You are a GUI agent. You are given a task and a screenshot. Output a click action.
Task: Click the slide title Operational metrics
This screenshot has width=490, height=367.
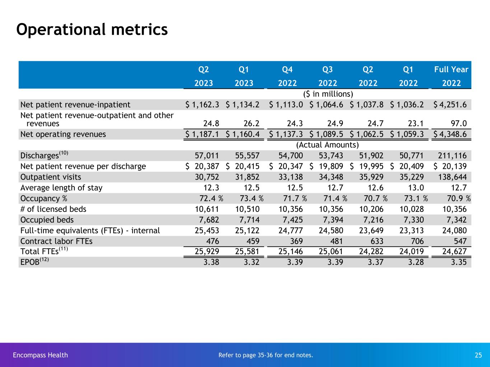tap(92, 29)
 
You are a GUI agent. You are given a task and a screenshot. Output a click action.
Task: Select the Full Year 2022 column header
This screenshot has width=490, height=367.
tap(451, 76)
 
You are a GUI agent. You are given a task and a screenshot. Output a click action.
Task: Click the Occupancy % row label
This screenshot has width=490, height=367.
tap(44, 199)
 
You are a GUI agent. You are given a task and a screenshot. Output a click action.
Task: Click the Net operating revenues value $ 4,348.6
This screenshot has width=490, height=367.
tap(451, 134)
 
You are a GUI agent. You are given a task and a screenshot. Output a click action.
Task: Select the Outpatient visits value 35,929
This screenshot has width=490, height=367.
tap(371, 177)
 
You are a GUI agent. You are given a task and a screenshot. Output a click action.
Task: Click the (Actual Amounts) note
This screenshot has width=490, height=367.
tap(327, 145)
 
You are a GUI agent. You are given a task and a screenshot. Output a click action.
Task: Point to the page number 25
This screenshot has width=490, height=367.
tap(478, 355)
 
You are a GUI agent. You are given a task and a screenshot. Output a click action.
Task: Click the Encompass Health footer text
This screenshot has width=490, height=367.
tap(40, 355)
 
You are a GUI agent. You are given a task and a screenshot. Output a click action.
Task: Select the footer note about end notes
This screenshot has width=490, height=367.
tap(266, 355)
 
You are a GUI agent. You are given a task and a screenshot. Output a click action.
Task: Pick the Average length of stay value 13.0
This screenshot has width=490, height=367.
tap(416, 188)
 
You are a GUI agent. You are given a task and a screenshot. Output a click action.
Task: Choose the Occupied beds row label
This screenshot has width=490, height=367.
tap(47, 220)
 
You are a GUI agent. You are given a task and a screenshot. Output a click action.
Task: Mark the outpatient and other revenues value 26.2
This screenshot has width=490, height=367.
tap(251, 124)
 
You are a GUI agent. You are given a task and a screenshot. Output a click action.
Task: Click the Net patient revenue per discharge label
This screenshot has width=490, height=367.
tap(83, 166)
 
